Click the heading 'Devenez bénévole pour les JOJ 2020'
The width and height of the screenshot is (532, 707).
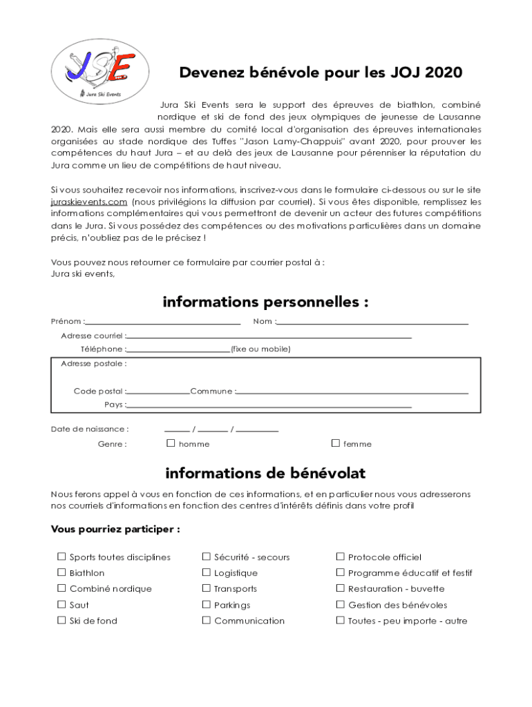pos(321,73)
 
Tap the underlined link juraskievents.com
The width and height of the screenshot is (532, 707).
pos(89,202)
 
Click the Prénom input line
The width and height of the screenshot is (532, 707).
pos(163,322)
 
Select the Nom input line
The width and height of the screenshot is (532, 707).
pos(372,322)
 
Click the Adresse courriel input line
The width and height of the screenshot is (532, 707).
pos(269,336)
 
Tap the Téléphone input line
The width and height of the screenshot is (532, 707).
pos(178,350)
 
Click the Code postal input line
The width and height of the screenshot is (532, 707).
pos(158,392)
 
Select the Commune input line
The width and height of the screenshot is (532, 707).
pos(352,392)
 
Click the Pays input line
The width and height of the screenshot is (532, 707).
pos(269,406)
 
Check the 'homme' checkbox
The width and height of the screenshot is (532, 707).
pos(171,443)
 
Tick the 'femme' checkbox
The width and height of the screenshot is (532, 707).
pos(336,443)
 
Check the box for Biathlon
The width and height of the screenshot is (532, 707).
pos(61,572)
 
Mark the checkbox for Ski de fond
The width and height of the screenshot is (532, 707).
pos(61,620)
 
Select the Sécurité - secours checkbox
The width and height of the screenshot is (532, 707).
pos(206,556)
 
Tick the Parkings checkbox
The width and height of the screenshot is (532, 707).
pos(206,604)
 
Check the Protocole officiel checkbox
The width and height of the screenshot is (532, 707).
pos(340,556)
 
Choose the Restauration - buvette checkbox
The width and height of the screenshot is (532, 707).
pos(340,588)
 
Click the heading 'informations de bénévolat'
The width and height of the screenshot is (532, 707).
pos(265,474)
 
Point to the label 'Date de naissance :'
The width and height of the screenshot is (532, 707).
pos(90,429)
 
